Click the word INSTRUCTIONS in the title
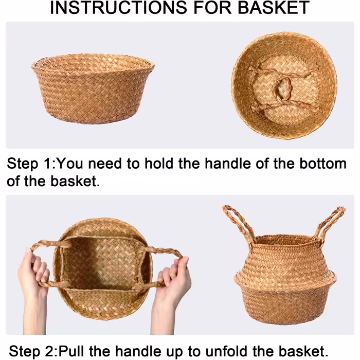coord(118,8)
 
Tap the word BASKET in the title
coord(274,8)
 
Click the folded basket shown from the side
coord(93,88)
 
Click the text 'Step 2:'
coord(33,351)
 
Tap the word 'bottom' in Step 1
coord(323,164)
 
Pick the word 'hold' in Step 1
coord(158,164)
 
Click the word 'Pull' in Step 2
coord(71,351)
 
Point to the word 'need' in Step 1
coord(105,164)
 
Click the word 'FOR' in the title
coord(212,8)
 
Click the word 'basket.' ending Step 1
coord(75,182)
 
